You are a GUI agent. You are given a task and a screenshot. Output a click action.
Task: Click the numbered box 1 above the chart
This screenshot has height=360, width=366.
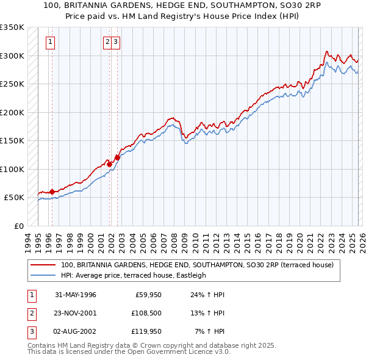pos(50,42)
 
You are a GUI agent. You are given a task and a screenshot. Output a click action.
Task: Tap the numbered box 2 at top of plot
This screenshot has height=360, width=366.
pos(107,42)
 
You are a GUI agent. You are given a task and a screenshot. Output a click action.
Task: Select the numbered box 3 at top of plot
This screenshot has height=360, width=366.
pos(115,42)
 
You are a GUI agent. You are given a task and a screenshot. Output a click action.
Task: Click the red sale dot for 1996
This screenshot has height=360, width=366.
pos(52,192)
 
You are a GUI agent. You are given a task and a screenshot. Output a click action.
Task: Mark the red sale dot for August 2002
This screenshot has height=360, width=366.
pos(117,157)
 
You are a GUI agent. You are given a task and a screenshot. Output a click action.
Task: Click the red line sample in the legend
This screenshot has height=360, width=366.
pos(43,265)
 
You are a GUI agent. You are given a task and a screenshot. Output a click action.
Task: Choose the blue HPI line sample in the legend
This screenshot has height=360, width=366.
pos(43,275)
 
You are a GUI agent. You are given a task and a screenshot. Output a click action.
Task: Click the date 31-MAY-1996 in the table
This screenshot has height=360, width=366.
pos(76,295)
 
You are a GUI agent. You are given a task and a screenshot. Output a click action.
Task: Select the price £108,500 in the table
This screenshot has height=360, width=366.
pos(145,313)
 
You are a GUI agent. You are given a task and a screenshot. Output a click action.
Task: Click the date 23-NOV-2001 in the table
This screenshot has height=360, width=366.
pos(76,313)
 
